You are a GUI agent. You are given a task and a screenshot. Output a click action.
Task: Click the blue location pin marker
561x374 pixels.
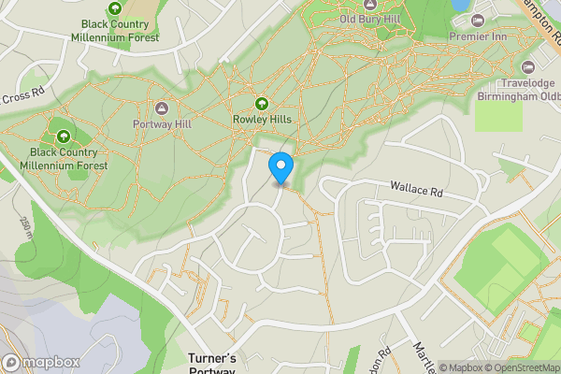(x=280, y=167)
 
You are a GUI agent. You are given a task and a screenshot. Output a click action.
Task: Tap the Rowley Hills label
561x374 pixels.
(x=263, y=120)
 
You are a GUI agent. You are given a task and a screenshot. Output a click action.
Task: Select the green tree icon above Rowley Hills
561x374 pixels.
(x=263, y=104)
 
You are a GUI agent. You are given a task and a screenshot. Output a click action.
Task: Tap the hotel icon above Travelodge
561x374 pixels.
(x=528, y=67)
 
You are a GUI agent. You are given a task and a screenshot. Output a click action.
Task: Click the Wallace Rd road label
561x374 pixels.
(x=416, y=190)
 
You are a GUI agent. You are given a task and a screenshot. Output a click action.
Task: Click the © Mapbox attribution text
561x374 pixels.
(x=461, y=367)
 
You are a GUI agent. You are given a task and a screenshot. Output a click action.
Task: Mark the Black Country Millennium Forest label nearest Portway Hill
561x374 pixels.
(x=68, y=158)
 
